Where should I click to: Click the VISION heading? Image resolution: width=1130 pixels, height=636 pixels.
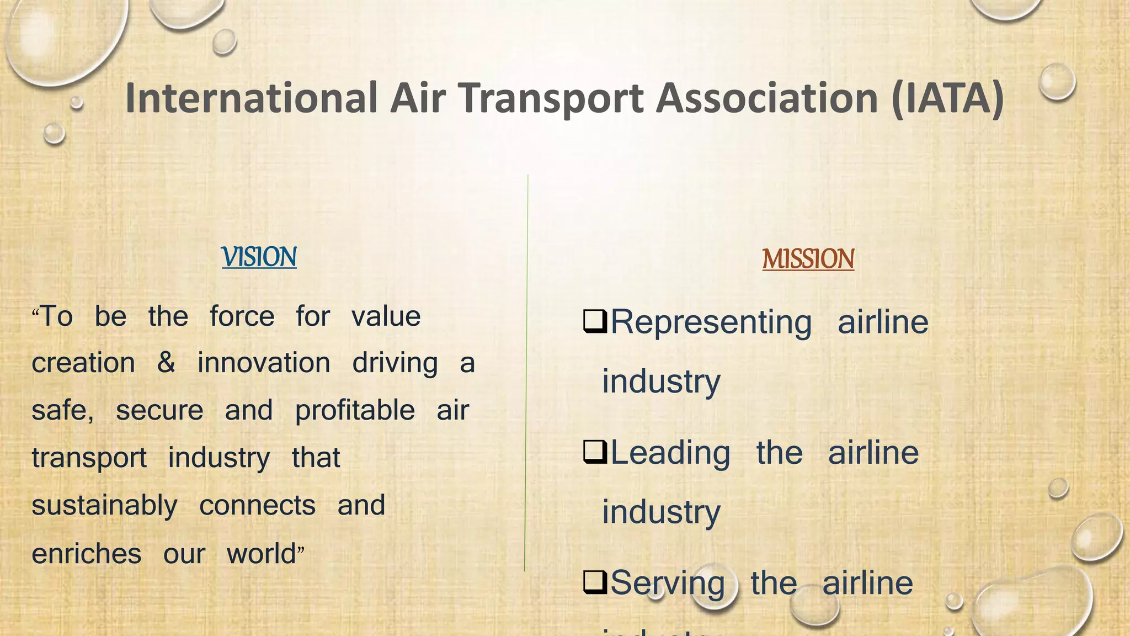[x=259, y=257]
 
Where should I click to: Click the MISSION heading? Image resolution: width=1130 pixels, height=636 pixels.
[x=808, y=259]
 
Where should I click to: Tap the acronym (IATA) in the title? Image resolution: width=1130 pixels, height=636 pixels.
[x=947, y=98]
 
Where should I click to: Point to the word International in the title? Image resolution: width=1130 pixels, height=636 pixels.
[x=251, y=98]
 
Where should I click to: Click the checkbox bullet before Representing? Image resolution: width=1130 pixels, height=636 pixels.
[x=595, y=322]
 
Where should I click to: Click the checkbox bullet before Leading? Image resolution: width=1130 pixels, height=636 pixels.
[x=595, y=453]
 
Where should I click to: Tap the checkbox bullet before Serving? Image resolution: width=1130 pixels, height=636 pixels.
[x=595, y=583]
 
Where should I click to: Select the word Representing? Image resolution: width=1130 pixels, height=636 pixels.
[x=711, y=322]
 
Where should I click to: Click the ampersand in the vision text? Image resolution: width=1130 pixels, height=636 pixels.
[x=166, y=363]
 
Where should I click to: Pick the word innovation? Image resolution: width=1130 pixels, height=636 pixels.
[x=264, y=363]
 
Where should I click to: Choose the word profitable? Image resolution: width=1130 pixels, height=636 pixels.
[x=355, y=411]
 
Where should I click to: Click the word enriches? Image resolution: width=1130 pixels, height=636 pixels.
[x=87, y=554]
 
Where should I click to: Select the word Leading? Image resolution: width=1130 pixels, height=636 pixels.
[x=670, y=453]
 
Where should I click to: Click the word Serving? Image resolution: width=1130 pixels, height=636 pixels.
[x=668, y=584]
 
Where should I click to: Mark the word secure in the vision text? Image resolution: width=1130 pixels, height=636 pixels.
[x=159, y=411]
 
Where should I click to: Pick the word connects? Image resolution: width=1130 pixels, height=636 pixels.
[x=257, y=506]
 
